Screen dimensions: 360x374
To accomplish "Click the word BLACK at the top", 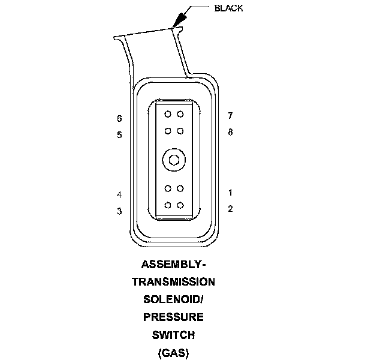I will coord(228,8).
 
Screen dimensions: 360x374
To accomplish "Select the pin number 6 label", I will coord(119,118).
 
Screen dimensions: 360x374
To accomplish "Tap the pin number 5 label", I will coord(119,135).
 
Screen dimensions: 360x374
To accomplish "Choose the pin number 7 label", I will coord(230,115).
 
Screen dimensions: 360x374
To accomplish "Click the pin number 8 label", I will coord(230,131).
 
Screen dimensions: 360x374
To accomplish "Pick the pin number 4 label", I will coord(119,195).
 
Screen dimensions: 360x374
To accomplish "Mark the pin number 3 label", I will coord(119,211).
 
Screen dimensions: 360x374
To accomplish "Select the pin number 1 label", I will coord(230,193).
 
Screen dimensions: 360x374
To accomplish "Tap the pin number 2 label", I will coord(230,209).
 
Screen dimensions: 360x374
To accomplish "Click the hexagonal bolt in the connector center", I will coord(173,160).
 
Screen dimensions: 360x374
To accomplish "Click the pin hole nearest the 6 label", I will coord(168,114).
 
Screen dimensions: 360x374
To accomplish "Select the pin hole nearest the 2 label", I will coord(180,205).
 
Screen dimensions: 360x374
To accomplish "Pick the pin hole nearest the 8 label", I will coord(180,130).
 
